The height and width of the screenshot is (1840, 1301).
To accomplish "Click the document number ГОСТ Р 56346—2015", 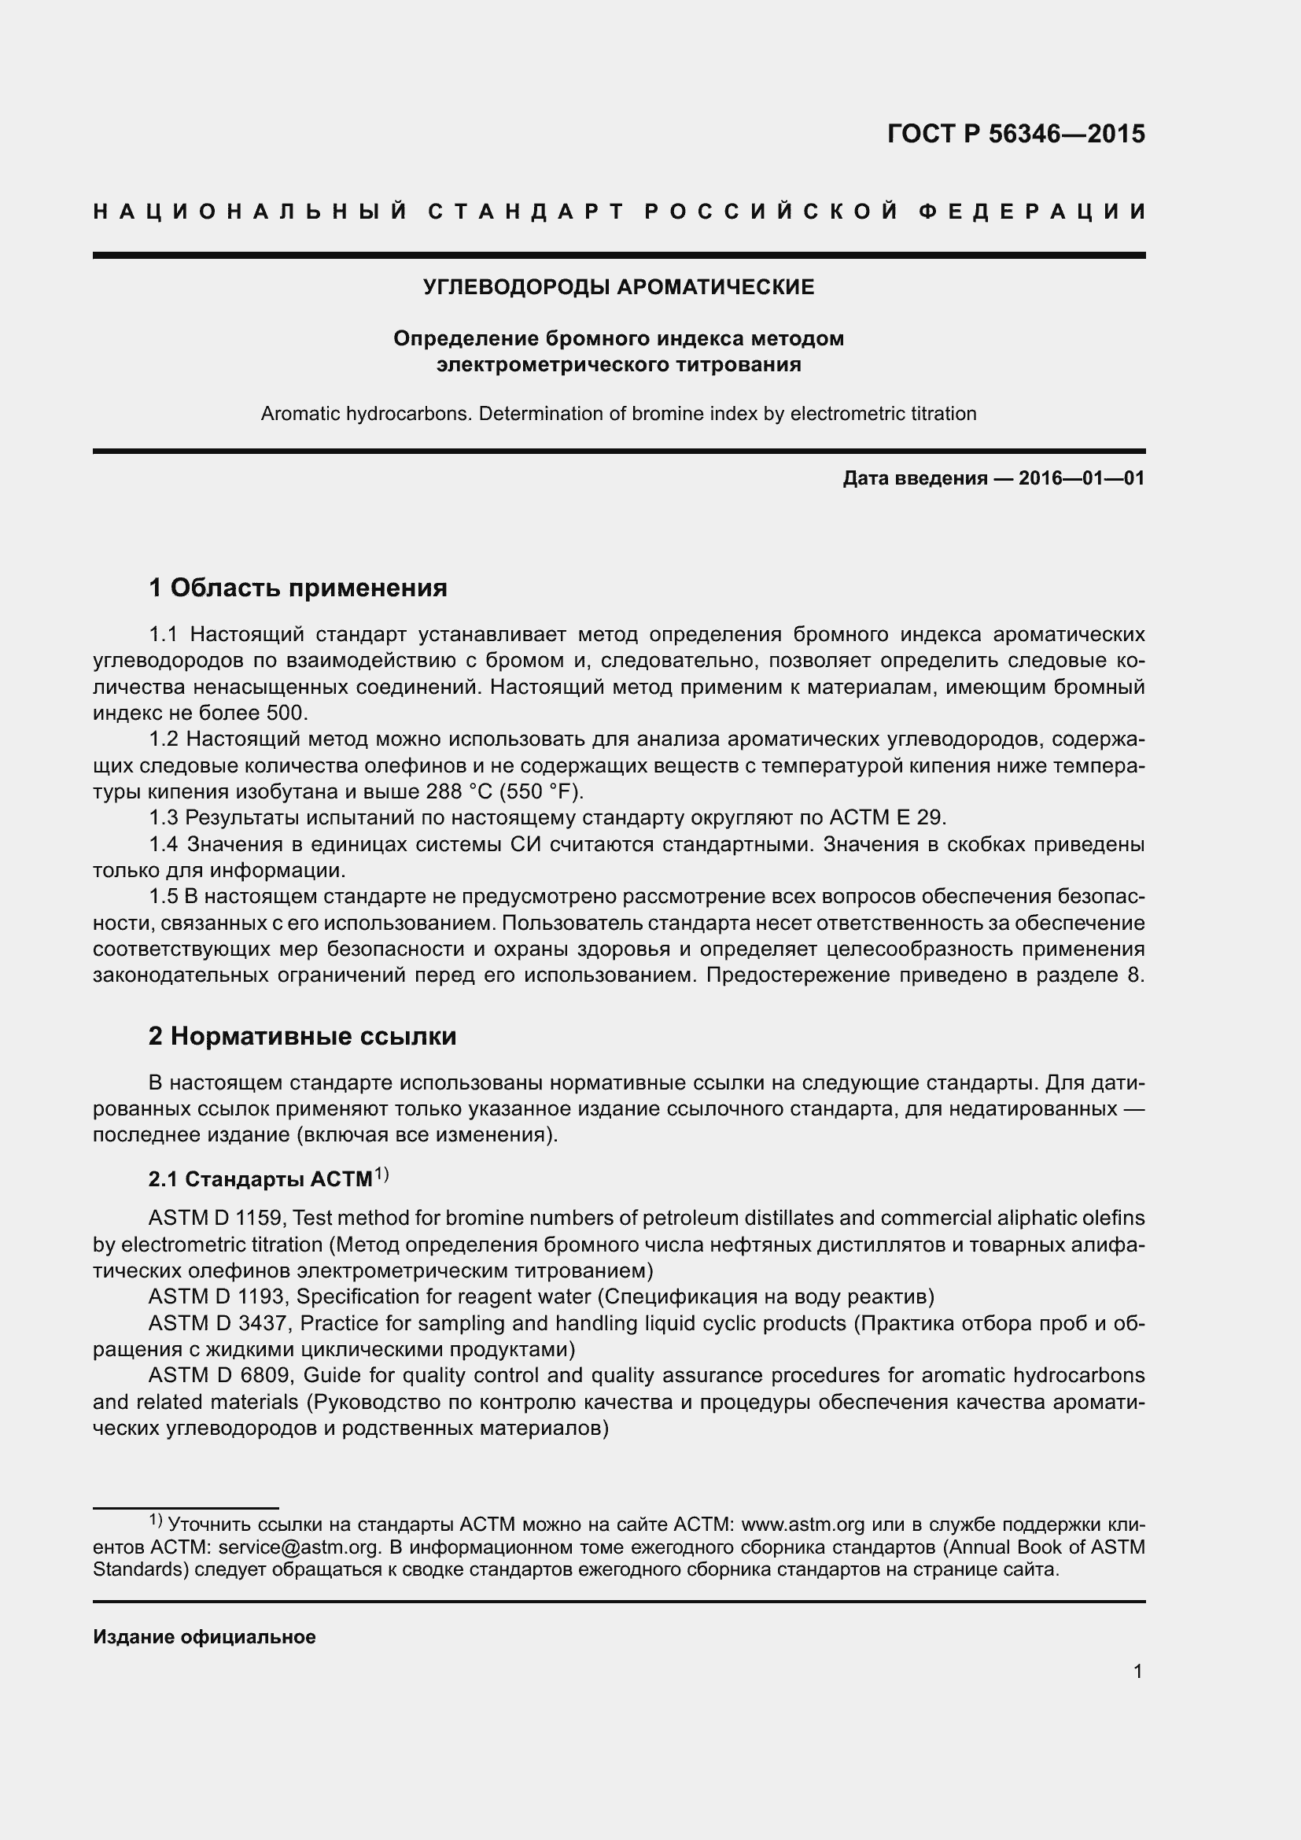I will coord(1015,134).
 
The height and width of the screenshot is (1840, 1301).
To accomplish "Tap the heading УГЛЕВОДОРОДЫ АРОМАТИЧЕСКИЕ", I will coord(618,287).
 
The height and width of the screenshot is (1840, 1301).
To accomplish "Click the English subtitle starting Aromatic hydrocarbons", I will coord(618,414).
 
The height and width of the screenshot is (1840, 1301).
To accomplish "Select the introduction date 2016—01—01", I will coord(1082,478).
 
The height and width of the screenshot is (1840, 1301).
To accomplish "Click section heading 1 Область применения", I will coord(297,588).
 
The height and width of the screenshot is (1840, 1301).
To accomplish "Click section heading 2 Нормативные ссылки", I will coord(302,1036).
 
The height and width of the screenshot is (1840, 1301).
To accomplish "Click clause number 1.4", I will coord(164,844).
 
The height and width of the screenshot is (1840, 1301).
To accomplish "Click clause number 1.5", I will coord(164,896).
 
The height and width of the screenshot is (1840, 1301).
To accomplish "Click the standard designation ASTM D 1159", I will coord(215,1218).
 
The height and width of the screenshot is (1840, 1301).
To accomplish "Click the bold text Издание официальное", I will coord(205,1636).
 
